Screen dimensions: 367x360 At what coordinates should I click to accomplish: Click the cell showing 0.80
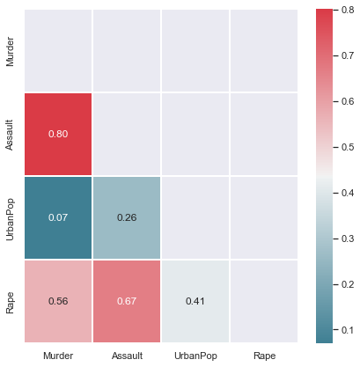57,134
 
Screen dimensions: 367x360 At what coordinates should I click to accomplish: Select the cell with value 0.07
57,217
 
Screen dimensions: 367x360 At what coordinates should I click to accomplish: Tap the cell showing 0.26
126,217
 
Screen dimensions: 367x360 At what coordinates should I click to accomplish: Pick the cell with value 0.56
57,301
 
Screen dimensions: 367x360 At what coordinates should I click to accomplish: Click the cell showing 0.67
126,301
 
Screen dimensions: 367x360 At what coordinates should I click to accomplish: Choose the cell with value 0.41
195,301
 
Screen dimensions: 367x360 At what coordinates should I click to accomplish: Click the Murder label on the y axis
10,50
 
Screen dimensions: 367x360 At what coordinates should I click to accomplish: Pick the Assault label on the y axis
10,134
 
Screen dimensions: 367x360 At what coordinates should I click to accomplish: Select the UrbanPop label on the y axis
10,217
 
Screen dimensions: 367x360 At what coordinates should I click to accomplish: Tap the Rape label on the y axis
10,301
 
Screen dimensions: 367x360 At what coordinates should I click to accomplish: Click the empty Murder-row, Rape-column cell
263,50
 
